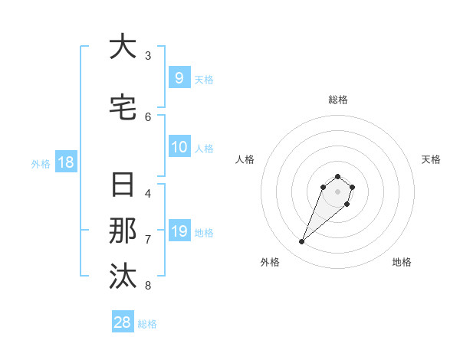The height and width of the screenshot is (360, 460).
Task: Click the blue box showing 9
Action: pos(179,78)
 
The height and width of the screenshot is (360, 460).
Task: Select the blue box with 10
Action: pos(179,147)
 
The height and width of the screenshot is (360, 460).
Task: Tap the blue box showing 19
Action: pos(179,231)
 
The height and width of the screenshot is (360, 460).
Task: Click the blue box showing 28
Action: pos(123,322)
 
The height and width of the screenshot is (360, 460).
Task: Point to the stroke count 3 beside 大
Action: pos(148,55)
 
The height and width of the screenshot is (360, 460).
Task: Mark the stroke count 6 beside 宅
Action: pos(148,116)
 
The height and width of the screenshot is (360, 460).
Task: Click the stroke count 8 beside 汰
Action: pos(148,286)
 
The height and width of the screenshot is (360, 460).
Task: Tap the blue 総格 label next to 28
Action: pos(147,324)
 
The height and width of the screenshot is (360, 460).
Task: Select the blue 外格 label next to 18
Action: pos(40,163)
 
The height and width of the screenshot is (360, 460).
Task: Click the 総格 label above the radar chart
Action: pos(337,100)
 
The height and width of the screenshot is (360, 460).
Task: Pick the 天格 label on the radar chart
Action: pos(431,159)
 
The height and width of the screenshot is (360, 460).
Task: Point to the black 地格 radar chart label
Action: pos(402,262)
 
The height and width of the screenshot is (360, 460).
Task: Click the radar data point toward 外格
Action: pos(302,242)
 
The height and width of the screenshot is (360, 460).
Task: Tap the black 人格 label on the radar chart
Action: pos(245,159)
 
